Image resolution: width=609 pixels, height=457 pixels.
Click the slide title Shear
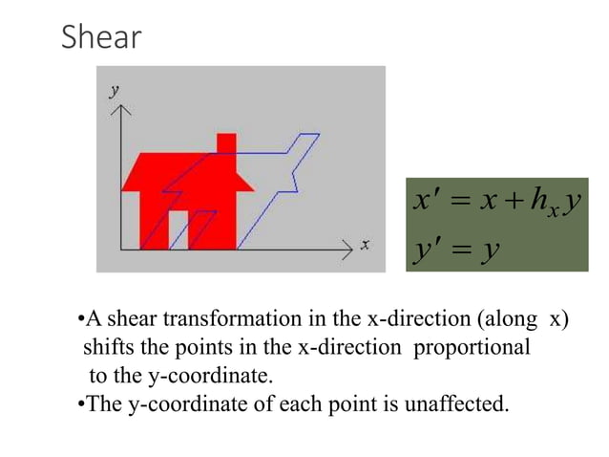(x=101, y=37)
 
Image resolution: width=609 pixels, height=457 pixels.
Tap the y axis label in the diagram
(x=115, y=90)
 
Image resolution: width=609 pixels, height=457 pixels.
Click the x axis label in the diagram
(x=366, y=246)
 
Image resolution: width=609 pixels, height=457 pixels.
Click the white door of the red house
(x=178, y=230)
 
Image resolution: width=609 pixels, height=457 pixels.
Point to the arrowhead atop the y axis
(x=119, y=108)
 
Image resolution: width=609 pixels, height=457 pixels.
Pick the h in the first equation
(x=541, y=202)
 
